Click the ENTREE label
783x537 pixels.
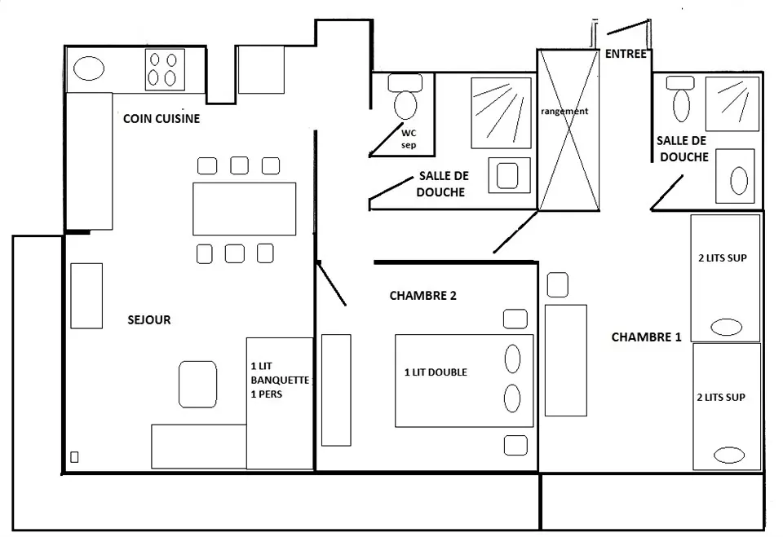[x=626, y=55]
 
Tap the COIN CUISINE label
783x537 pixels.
[x=161, y=119]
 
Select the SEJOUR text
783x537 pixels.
[x=149, y=319]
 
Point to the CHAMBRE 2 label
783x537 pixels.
[x=422, y=296]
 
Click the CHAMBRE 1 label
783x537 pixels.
[x=646, y=336]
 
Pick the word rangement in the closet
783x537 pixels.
[x=564, y=111]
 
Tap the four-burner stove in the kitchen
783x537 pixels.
[x=163, y=69]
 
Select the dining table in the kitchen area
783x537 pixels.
[x=244, y=209]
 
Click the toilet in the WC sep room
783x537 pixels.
[x=405, y=99]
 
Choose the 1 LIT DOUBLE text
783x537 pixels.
[x=436, y=372]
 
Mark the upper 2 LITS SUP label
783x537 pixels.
[x=723, y=258]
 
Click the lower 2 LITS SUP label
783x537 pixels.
[x=723, y=398]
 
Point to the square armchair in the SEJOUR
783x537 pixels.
[x=198, y=384]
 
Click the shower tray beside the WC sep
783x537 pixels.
[x=500, y=112]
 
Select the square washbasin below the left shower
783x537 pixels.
[x=509, y=174]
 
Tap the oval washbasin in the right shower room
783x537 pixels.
[x=738, y=182]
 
